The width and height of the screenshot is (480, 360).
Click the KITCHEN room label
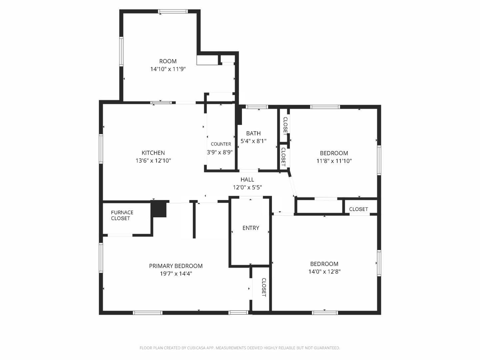point(153,153)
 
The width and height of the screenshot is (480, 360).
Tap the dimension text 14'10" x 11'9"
point(168,69)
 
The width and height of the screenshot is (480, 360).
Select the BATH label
point(253,133)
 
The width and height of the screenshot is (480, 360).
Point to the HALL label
point(247,179)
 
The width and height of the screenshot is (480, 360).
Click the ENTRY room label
point(251,228)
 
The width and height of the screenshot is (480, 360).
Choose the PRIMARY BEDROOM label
point(176,266)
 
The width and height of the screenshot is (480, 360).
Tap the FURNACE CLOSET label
point(122,215)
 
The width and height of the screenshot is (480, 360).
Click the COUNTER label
point(221,144)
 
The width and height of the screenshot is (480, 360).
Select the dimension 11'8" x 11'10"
point(334,161)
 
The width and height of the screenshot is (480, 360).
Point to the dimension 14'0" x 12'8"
point(324,272)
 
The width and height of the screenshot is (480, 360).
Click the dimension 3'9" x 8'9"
point(220,152)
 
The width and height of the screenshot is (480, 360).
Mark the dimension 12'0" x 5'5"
point(247,187)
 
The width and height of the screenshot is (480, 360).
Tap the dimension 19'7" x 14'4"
point(176,274)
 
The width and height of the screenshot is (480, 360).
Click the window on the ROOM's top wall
point(173,11)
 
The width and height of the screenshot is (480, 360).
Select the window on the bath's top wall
point(257,107)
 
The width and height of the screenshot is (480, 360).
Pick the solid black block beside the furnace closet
point(159,209)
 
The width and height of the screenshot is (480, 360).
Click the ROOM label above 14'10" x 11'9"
point(168,61)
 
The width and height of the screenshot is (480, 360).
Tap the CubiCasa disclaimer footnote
point(240,348)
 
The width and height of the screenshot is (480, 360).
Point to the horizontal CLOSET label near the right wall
point(358,209)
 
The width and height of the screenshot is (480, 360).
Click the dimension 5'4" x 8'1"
point(253,141)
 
